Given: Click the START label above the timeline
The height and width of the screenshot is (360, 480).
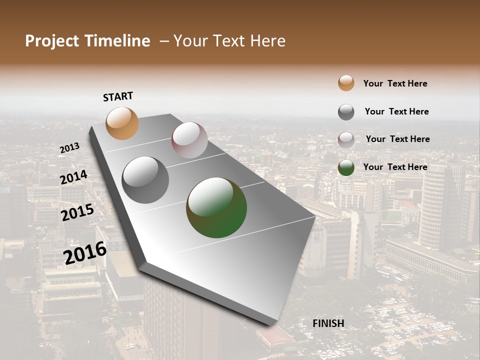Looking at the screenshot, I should [x=118, y=96].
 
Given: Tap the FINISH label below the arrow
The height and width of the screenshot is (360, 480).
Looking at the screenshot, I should [x=328, y=323].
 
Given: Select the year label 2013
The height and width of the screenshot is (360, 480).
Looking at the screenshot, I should [x=69, y=147].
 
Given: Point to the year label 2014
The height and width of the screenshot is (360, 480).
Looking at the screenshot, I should [x=73, y=177].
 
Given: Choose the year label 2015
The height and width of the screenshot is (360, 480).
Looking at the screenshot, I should [x=77, y=212].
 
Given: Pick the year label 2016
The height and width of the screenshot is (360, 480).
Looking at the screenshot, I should [x=85, y=253].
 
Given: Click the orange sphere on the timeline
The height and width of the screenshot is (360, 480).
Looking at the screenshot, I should [x=122, y=123].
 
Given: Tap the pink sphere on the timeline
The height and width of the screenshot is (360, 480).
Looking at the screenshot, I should [x=189, y=140].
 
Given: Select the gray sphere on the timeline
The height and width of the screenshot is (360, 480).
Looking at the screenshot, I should [x=145, y=180].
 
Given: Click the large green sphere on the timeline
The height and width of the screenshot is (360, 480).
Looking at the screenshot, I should [x=216, y=207].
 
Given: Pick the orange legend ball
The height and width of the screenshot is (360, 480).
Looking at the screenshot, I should [x=346, y=83].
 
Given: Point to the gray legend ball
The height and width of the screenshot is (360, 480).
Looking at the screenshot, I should [x=346, y=112].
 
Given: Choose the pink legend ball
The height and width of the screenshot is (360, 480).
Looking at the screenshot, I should [x=346, y=140].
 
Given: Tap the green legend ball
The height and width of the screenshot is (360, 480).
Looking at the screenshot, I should [x=346, y=168].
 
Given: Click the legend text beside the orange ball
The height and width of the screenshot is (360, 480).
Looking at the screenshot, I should [x=395, y=83].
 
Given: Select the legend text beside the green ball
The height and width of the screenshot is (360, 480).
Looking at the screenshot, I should [x=395, y=167].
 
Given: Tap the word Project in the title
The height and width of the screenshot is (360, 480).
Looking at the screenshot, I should [x=52, y=41].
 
